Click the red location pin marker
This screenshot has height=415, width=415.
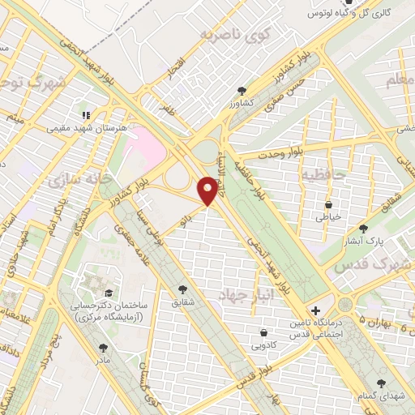pos(208,191)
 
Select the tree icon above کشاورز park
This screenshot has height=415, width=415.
pos(241,91)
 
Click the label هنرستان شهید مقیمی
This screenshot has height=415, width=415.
pos(80,127)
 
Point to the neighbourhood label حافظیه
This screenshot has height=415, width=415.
pos(323,173)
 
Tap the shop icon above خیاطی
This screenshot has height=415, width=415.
pos(328,205)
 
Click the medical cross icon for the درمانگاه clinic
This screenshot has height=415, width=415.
pos(315,310)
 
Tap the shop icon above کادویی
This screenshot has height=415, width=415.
pos(264,332)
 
